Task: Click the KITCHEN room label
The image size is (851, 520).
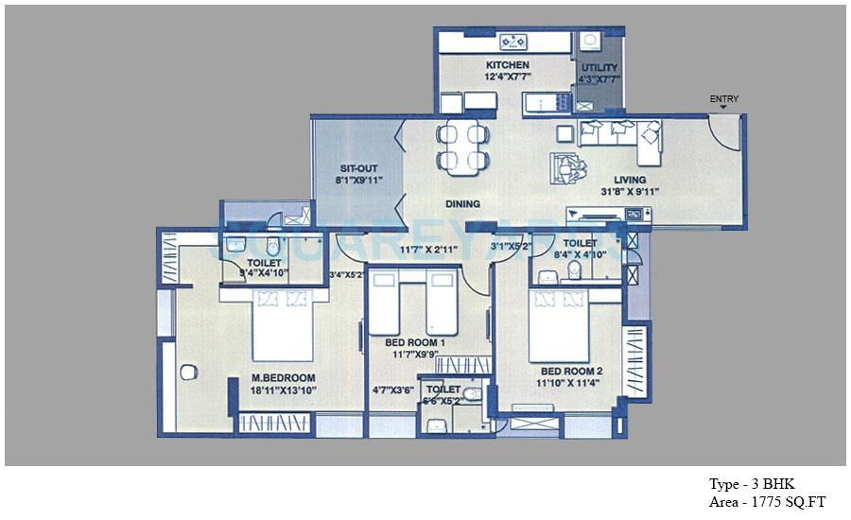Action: click(x=508, y=65)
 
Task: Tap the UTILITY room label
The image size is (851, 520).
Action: click(x=599, y=68)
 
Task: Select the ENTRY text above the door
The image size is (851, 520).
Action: click(x=724, y=99)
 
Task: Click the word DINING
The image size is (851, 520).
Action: click(x=463, y=203)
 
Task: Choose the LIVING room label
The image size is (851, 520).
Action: click(x=629, y=180)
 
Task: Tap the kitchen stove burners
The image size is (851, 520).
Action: click(x=514, y=42)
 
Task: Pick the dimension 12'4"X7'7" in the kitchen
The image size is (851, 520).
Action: click(x=508, y=78)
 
